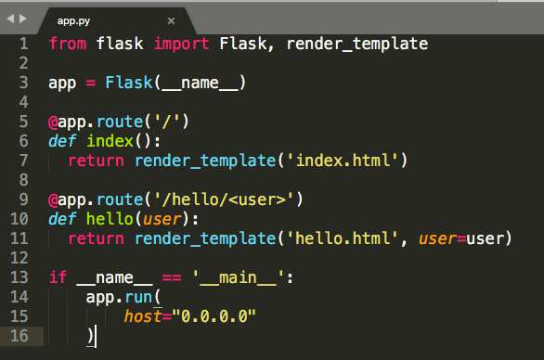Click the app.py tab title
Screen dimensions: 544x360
pos(73,21)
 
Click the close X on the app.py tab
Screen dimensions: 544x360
pos(171,20)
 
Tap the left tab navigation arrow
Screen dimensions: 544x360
pos(11,19)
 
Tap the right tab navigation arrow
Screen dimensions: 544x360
pos(23,19)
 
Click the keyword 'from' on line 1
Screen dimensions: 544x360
pos(68,44)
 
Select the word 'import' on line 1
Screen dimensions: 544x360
pos(181,44)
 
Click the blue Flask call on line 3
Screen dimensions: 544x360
pos(129,83)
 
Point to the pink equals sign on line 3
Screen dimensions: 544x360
pos(91,83)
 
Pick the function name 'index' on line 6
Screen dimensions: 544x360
pos(110,141)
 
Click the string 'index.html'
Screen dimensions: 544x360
pos(343,161)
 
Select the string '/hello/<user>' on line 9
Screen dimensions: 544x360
pos(224,199)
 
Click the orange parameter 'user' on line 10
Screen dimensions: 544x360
pos(162,220)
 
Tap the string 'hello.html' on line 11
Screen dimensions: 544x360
pos(343,238)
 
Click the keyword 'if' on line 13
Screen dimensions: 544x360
pos(58,277)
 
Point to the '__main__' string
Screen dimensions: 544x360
pos(239,277)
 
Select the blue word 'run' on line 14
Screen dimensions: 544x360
pos(138,298)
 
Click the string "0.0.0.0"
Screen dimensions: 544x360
pos(214,316)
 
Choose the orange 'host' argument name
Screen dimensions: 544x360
pos(143,316)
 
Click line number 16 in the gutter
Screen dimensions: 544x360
pos(19,336)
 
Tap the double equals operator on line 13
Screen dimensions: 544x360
pos(172,277)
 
